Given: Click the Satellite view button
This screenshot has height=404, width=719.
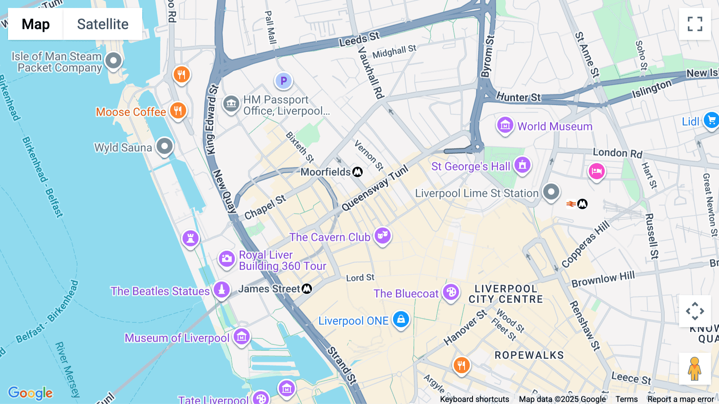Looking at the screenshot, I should click(103, 24).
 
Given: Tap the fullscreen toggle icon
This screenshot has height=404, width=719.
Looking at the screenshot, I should click(695, 24).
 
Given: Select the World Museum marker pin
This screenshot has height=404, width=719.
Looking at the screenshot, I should click(505, 126).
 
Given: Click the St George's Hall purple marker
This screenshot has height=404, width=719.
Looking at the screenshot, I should click(522, 165).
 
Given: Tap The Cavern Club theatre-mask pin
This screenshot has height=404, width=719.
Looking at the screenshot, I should click(383, 236).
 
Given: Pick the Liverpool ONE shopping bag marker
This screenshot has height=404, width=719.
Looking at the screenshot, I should click(401, 320).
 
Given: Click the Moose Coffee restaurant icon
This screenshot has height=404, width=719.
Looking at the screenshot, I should click(178, 110).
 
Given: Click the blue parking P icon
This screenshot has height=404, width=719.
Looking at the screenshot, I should click(284, 81).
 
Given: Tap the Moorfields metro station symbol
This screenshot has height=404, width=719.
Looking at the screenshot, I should click(358, 172).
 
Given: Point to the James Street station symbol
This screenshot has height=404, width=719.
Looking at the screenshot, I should click(307, 288).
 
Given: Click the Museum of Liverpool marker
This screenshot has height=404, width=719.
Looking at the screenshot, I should click(242, 337).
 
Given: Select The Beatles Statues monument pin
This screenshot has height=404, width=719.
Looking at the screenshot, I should click(222, 290).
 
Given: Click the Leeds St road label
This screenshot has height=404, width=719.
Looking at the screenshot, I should click(359, 39).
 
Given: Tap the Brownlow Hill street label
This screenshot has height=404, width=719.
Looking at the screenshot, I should click(603, 279).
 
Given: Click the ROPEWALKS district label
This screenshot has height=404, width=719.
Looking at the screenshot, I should click(529, 355).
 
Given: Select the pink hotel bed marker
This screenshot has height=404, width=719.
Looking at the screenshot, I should click(596, 171).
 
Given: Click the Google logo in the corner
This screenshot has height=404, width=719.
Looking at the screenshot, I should click(30, 393).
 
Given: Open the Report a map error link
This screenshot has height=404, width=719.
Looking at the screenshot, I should click(681, 399).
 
